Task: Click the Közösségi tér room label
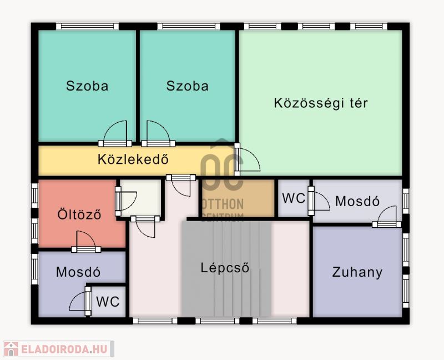tap(321, 103)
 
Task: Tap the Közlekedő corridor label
tap(133, 159)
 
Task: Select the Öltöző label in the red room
tap(79, 214)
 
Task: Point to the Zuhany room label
tap(357, 272)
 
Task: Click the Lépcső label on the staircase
tap(225, 268)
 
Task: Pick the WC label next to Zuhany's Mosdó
tap(294, 198)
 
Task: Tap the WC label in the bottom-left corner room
tap(108, 302)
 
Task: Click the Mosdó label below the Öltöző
tap(78, 272)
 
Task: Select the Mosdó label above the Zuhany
tap(357, 201)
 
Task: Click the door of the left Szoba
tap(115, 133)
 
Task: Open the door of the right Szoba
tap(158, 133)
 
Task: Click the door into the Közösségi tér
tap(247, 159)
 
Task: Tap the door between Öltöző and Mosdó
tap(86, 242)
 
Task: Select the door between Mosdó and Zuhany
tap(386, 217)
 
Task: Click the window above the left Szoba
tap(87, 26)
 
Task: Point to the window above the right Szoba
tap(189, 26)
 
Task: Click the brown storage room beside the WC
tap(239, 198)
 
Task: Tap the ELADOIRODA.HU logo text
tap(64, 349)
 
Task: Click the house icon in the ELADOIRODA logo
tap(11, 349)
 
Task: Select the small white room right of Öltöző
tap(141, 198)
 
